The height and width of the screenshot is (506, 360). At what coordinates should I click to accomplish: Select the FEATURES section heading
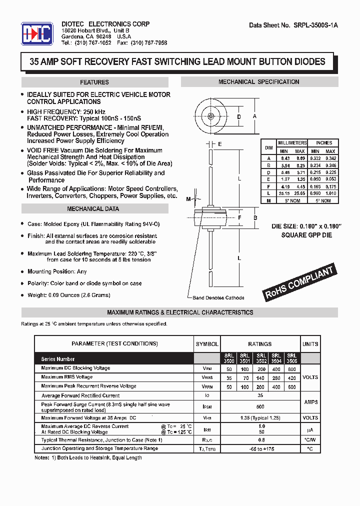click(94, 82)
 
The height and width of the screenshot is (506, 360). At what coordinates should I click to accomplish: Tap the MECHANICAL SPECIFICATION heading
click(258, 82)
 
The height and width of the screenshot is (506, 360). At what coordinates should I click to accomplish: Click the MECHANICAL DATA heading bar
click(93, 209)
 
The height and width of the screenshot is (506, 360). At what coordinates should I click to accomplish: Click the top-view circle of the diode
click(210, 117)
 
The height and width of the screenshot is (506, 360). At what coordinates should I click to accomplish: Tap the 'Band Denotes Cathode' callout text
click(218, 298)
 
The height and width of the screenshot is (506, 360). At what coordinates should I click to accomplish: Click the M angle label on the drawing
click(188, 199)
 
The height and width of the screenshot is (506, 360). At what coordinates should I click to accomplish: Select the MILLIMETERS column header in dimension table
click(292, 143)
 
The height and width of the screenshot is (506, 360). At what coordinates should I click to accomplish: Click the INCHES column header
click(323, 143)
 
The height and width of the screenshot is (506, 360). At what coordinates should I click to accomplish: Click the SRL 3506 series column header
click(291, 358)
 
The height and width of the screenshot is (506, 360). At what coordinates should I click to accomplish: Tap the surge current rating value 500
click(259, 407)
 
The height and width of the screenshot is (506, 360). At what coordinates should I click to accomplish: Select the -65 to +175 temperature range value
click(259, 449)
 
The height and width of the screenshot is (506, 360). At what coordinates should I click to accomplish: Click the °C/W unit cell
click(310, 440)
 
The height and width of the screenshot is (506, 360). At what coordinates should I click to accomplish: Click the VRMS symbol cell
click(207, 377)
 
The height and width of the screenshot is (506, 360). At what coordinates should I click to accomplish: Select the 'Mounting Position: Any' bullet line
click(57, 271)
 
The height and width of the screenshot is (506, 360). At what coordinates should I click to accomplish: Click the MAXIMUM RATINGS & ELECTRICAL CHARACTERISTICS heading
click(180, 312)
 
